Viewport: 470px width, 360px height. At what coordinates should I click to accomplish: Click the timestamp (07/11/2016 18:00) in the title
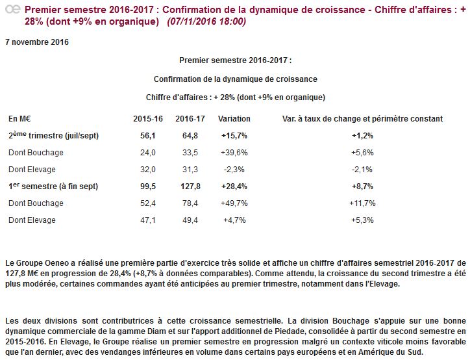pyautogui.click(x=206, y=21)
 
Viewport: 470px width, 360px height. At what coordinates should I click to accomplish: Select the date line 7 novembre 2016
pyautogui.click(x=36, y=42)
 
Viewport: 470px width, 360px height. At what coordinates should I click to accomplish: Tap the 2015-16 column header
pyautogui.click(x=147, y=119)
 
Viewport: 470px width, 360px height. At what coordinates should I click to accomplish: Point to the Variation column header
pyautogui.click(x=234, y=119)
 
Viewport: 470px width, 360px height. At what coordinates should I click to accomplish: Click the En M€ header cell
pyautogui.click(x=21, y=119)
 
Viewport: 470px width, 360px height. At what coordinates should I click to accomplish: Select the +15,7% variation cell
pyautogui.click(x=234, y=136)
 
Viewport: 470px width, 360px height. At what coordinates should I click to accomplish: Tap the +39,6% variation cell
pyautogui.click(x=234, y=153)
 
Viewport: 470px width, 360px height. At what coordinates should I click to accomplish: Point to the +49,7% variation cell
pyautogui.click(x=234, y=203)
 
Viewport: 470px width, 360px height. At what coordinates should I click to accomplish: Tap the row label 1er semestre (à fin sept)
pyautogui.click(x=53, y=186)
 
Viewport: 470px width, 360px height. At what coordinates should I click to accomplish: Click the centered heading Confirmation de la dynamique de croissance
pyautogui.click(x=235, y=79)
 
